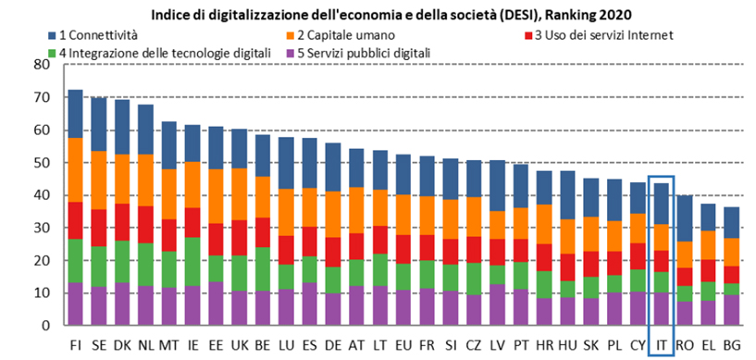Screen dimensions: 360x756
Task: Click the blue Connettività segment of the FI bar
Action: click(x=76, y=114)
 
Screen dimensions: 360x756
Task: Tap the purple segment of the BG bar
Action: click(x=731, y=310)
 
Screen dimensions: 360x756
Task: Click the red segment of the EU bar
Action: click(x=403, y=249)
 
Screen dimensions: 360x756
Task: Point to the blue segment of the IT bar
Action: click(x=660, y=204)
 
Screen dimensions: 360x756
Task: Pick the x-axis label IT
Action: click(x=660, y=344)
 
